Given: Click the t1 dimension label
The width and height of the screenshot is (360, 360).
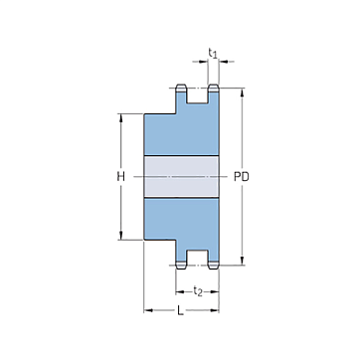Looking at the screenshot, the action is (x=213, y=53).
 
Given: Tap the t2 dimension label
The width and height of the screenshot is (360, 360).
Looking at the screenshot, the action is (x=198, y=291).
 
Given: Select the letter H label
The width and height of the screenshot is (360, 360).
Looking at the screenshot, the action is (x=121, y=177).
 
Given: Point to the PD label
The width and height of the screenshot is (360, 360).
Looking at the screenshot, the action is (x=242, y=177).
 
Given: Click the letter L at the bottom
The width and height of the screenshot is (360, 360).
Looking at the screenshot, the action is (x=180, y=310).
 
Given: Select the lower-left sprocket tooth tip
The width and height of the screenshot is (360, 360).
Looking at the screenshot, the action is (x=181, y=266).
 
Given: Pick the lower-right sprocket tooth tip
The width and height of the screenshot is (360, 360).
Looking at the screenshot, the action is (x=214, y=266).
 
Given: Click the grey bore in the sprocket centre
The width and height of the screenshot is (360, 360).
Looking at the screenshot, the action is (x=181, y=177).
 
